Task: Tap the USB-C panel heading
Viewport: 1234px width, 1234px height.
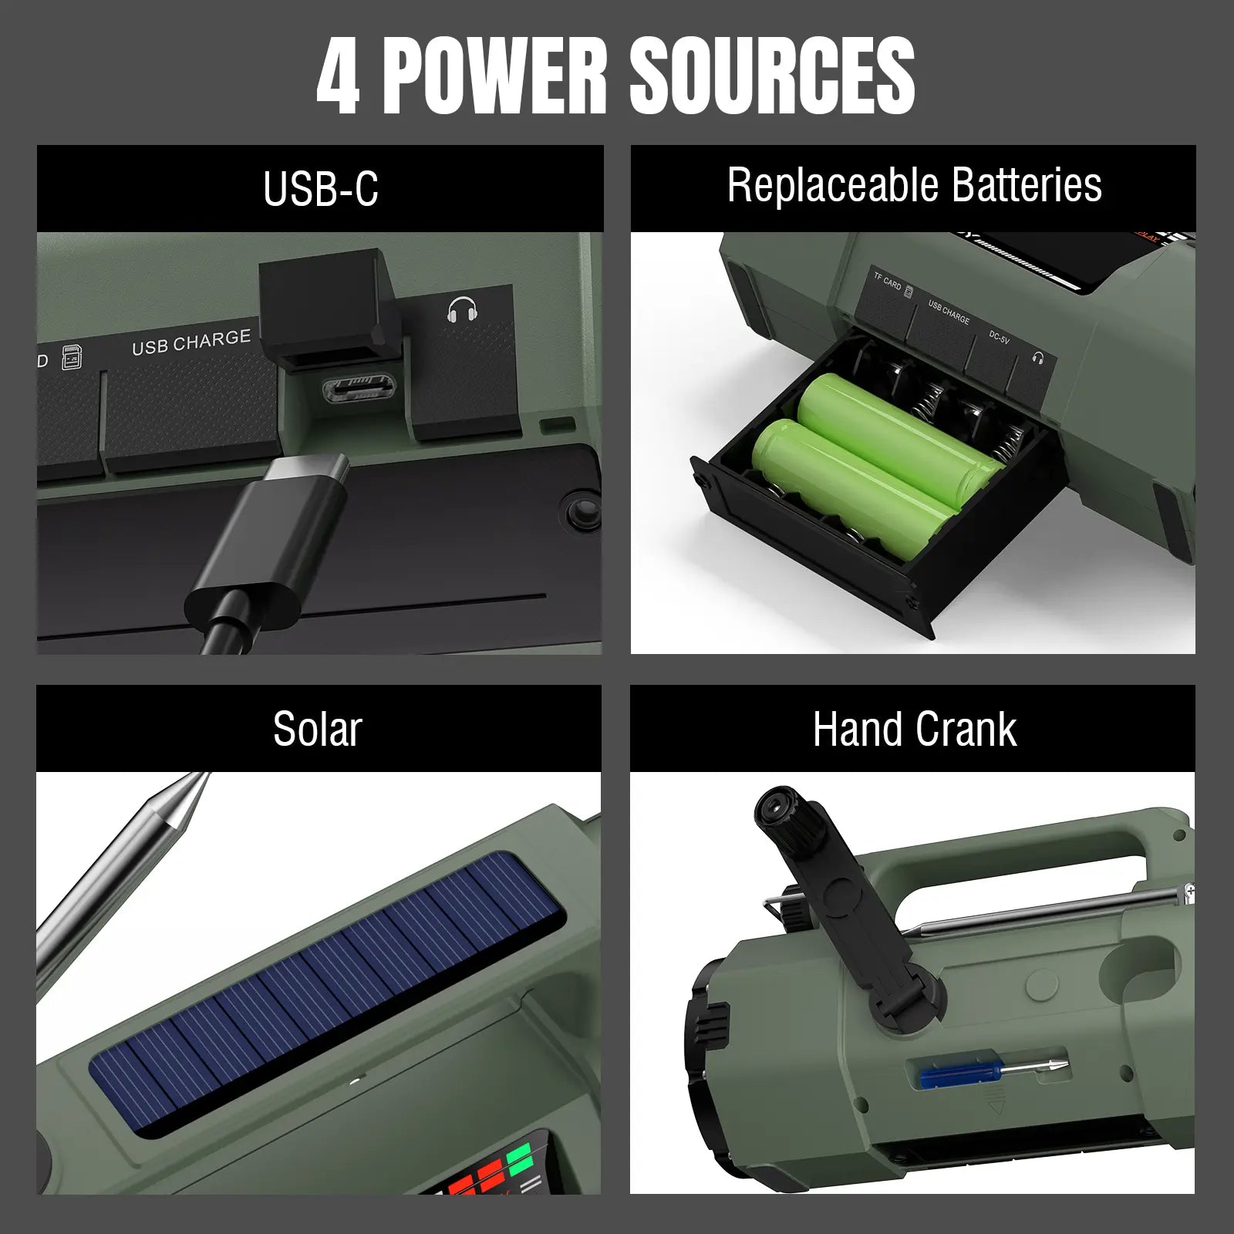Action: click(320, 189)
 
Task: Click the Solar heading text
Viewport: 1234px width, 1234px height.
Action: click(317, 729)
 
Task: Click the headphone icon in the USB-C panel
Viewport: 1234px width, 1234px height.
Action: click(462, 310)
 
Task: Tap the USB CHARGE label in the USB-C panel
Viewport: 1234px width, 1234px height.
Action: click(191, 342)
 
